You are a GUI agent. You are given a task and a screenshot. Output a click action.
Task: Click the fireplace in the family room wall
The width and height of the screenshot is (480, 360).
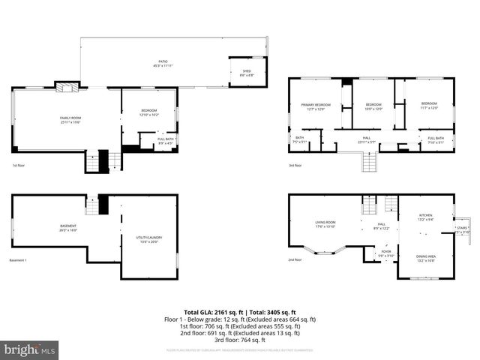tap(67, 86)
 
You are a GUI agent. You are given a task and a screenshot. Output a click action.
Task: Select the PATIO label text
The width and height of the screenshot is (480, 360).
tap(162, 61)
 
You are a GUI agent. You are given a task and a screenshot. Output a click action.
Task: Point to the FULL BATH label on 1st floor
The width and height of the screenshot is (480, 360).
tap(166, 139)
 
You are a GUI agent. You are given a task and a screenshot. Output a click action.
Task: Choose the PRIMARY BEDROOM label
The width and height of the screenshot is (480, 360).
tap(316, 104)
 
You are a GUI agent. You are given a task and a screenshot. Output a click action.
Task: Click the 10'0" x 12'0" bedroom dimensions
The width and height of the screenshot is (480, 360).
tap(373, 109)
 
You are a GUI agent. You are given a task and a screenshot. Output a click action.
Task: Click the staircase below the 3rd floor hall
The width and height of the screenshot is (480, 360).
tap(368, 160)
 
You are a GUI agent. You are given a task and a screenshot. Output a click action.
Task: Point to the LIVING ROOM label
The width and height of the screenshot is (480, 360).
tap(325, 223)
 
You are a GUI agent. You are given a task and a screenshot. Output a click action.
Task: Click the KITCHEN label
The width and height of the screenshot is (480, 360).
tap(425, 215)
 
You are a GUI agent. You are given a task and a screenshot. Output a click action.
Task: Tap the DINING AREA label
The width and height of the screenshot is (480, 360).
tap(426, 256)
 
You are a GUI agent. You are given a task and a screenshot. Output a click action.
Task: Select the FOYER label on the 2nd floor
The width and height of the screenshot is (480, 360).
tap(386, 252)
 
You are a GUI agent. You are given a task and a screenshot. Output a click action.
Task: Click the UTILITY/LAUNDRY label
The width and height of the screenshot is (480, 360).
tap(149, 238)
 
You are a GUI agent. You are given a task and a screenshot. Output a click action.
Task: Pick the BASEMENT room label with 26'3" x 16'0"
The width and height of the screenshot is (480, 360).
tap(68, 226)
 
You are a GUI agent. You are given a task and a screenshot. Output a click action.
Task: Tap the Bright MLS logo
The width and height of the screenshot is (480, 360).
tap(30, 349)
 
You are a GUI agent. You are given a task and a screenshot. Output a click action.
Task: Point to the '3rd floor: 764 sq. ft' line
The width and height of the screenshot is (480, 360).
tap(240, 339)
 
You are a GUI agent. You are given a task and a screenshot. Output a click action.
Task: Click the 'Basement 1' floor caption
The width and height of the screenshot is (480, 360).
tap(18, 260)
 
